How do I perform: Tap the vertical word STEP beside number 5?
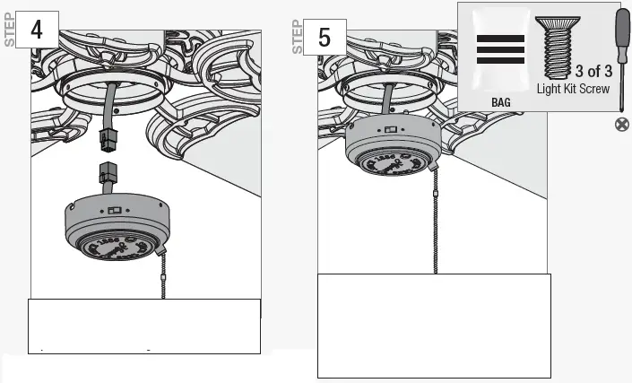[x=299, y=37]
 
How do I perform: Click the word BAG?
[x=501, y=103]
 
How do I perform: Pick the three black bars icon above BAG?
[x=500, y=50]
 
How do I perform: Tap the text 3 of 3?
[x=593, y=71]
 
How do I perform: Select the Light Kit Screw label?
[x=573, y=89]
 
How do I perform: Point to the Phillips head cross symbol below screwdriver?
[x=620, y=125]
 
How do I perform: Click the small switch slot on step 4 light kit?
[x=114, y=211]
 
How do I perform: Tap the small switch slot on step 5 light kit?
[x=391, y=130]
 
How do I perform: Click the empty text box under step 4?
[x=144, y=326]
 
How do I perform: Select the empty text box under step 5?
[x=434, y=326]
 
